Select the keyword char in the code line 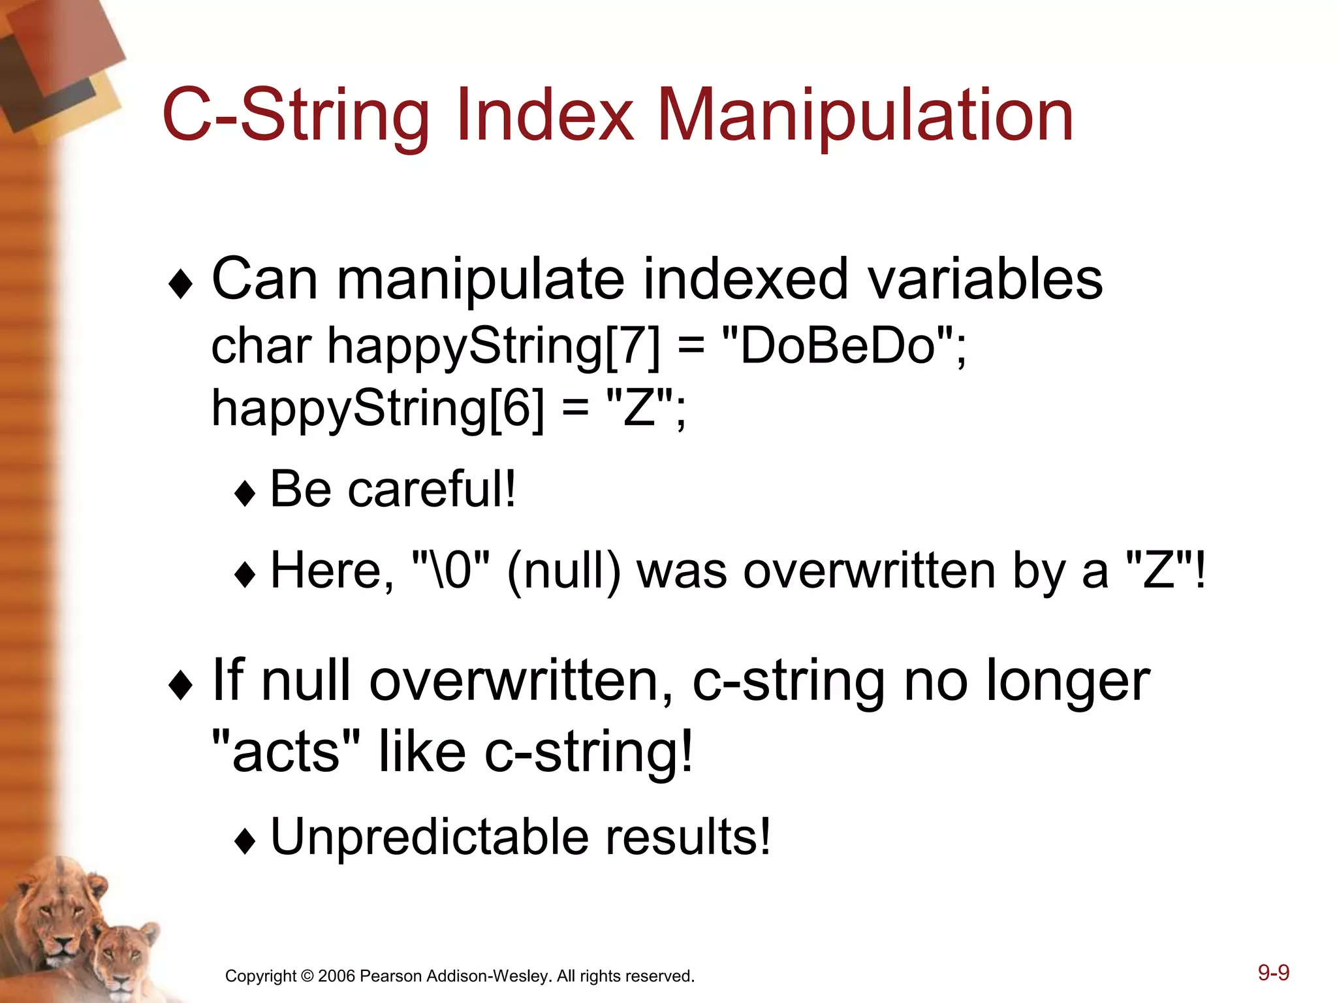(261, 346)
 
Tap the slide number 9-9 (1274, 972)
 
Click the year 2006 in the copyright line (336, 976)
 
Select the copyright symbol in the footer (307, 976)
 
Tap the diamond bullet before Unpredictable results (245, 841)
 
